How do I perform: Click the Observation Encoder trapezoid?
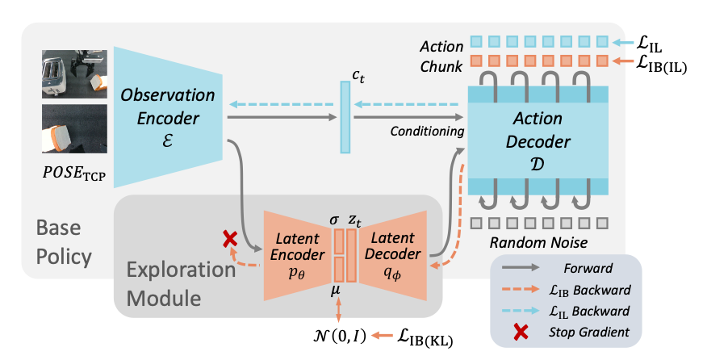point(168,117)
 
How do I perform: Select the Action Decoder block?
point(538,140)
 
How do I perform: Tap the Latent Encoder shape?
point(297,255)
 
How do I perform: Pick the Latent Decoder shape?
point(393,255)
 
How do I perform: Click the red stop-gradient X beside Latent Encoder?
point(230,239)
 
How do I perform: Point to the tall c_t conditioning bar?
point(345,117)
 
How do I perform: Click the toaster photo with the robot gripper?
point(74,74)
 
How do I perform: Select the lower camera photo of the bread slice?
point(74,129)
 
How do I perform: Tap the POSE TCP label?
point(74,174)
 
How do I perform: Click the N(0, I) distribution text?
point(340,336)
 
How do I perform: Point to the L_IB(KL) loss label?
point(425,337)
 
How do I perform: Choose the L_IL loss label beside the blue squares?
point(649,44)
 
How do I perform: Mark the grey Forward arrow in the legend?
point(521,267)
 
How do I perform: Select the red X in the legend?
point(521,333)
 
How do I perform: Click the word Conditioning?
point(427,132)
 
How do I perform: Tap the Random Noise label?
point(538,243)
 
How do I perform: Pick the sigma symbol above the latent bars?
point(334,220)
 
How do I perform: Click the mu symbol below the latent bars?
point(336,291)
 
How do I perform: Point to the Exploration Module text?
point(181,284)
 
